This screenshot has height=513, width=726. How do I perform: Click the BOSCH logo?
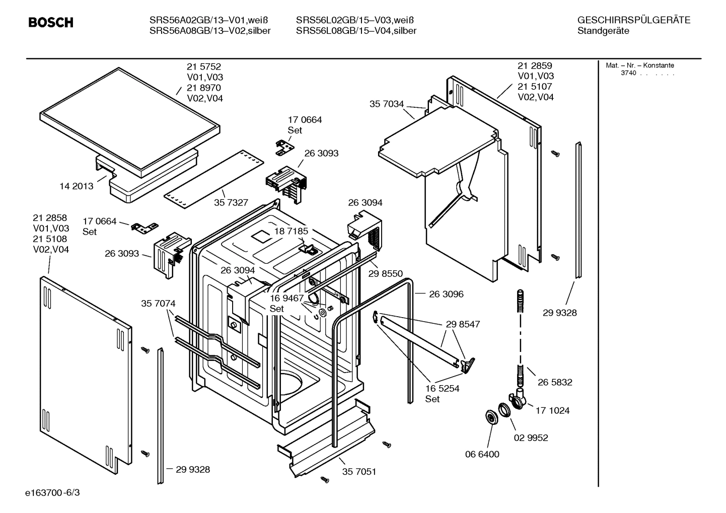[x=51, y=23]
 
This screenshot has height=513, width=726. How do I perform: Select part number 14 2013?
[x=77, y=186]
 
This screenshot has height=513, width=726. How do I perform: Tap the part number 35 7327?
[x=231, y=202]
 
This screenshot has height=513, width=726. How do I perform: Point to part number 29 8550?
[x=386, y=273]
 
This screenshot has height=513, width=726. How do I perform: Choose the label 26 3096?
[x=446, y=294]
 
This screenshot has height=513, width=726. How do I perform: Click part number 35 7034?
[x=387, y=104]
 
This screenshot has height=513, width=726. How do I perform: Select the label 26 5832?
[x=555, y=382]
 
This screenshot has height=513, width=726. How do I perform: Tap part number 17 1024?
[x=552, y=410]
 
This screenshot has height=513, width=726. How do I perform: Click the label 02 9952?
[x=531, y=437]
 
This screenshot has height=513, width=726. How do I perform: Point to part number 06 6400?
[x=482, y=454]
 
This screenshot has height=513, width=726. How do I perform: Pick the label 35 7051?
[x=359, y=472]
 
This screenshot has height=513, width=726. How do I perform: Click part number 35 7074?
[x=158, y=304]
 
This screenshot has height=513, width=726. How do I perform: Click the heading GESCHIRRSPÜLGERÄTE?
[x=634, y=21]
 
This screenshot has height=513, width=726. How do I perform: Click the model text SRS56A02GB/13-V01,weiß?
[x=208, y=21]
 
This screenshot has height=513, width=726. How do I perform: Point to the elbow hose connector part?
[x=519, y=398]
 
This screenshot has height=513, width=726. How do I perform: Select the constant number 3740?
[x=628, y=73]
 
